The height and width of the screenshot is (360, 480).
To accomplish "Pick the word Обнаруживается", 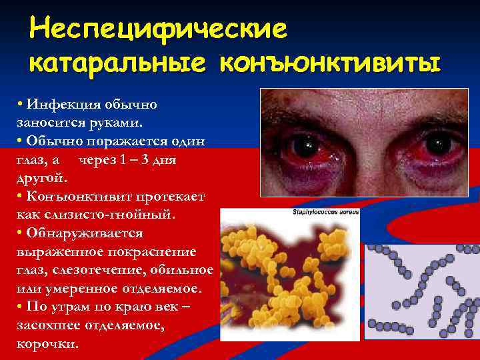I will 84,233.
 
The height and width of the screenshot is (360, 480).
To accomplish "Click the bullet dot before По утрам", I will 21,307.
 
